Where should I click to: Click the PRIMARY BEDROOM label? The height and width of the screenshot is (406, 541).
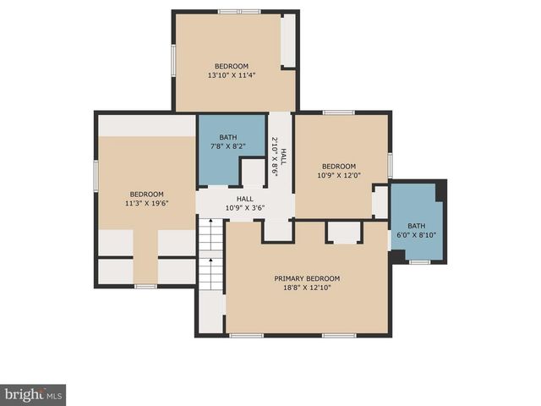point(306,278)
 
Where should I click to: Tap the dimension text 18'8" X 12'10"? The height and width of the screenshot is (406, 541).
point(306,288)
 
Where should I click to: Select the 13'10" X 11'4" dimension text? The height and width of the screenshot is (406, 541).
point(231,75)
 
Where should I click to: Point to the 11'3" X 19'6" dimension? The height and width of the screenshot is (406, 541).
point(146,203)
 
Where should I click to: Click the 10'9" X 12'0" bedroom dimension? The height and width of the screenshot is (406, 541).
point(338,176)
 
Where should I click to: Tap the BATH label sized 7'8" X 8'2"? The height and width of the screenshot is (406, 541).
point(228,137)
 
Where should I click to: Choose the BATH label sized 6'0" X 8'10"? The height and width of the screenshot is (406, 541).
point(416,226)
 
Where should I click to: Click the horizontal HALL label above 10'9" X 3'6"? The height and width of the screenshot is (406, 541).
point(244,199)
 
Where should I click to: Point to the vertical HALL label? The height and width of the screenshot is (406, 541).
point(284,156)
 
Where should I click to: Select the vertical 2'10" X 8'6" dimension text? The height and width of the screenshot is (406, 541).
point(275,156)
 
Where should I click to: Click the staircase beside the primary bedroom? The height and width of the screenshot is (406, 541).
point(210,254)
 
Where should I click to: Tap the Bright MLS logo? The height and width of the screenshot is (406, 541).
point(33,394)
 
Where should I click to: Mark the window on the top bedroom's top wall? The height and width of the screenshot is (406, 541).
point(239,12)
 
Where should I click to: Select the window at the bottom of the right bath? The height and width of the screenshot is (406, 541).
point(419,262)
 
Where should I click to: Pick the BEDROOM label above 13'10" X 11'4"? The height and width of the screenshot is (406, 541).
point(231,66)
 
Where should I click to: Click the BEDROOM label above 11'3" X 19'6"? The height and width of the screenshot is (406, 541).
point(146,194)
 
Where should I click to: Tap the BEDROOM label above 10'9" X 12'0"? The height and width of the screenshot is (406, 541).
point(338,166)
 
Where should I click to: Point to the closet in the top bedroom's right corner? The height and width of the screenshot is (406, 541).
point(288,41)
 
